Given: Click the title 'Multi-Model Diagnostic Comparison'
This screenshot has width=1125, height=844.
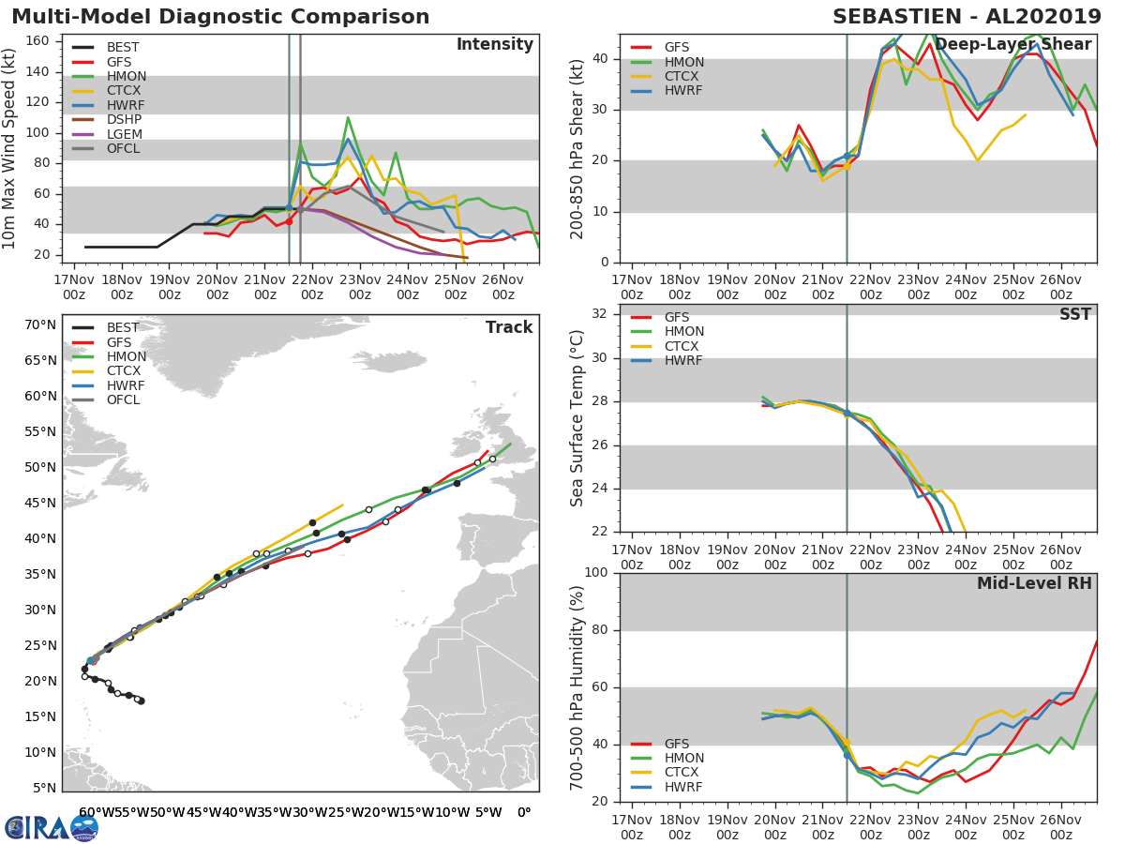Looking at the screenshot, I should (x=220, y=17).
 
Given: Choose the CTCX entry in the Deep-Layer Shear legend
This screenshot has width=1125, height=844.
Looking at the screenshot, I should (x=683, y=76).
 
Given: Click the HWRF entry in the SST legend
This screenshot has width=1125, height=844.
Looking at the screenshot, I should (x=683, y=361).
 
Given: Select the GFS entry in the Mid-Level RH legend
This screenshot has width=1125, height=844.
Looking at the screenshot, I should (x=683, y=744).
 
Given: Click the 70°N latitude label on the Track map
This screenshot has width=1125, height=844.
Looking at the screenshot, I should (x=40, y=325).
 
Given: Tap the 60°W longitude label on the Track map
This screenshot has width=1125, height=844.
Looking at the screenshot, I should (x=91, y=812).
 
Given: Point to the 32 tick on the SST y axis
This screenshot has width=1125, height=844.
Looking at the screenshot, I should (x=600, y=314).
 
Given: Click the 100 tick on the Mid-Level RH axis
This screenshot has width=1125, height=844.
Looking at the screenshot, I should (x=594, y=573).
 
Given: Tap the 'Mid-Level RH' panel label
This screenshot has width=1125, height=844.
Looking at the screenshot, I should (x=1033, y=583).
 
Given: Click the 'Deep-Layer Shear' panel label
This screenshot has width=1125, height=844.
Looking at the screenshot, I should (x=1012, y=45).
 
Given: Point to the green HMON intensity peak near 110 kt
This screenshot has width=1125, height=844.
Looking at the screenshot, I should (x=348, y=118).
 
